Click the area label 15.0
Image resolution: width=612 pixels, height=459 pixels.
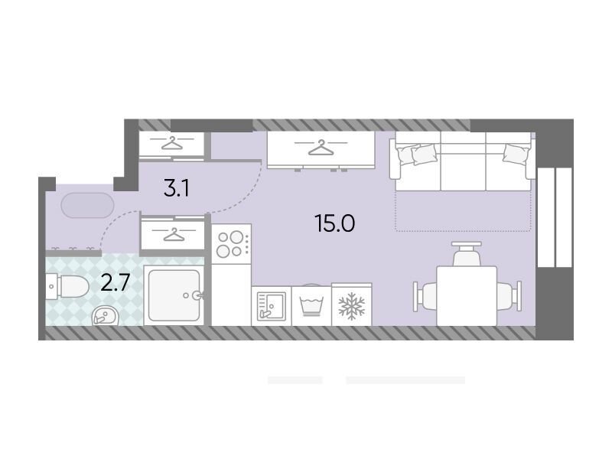coord(335,223)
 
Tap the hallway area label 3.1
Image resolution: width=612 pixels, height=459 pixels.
coord(177,188)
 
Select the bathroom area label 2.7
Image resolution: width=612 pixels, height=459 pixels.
coord(115,282)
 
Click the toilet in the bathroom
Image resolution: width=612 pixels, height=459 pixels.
coord(67,286)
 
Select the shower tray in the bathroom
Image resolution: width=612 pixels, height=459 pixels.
coord(174,295)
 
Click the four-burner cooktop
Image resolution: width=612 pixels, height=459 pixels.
coord(232,244)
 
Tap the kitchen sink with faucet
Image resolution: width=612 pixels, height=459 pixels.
coord(272,306)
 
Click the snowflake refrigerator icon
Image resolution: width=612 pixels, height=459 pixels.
coord(352,305)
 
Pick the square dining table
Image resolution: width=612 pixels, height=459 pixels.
coord(467,296)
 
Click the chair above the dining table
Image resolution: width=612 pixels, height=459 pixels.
coord(467,254)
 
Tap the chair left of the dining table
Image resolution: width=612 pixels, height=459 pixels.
coord(425,296)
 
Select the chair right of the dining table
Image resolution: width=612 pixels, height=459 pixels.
coord(509,296)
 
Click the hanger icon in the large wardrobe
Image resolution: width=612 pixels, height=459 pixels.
coord(321,147)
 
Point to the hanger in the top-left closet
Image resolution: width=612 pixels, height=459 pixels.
coord(172,143)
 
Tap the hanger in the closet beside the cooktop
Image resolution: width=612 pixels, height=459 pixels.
coord(174,235)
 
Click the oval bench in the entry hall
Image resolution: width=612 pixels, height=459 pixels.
coord(87,205)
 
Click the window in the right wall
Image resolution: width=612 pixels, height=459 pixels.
coord(554,217)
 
